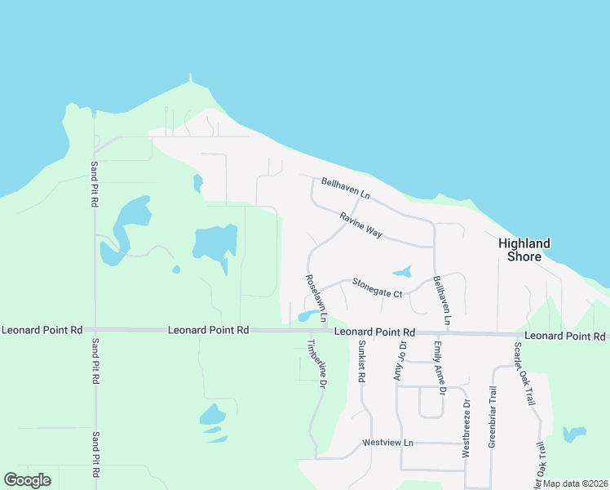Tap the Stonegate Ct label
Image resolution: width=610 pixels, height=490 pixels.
(x=378, y=287)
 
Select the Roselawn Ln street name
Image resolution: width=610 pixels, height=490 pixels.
(x=316, y=297)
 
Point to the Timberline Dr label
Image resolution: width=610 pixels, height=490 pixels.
(x=316, y=363)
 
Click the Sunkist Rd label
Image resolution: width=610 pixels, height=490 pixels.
(x=360, y=363)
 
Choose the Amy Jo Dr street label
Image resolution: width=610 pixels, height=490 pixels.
(x=400, y=361)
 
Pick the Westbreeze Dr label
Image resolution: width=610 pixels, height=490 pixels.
(x=466, y=428)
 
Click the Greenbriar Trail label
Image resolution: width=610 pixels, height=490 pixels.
(x=493, y=416)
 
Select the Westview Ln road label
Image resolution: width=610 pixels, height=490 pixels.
(x=388, y=443)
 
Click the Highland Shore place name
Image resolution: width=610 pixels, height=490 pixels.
(x=524, y=250)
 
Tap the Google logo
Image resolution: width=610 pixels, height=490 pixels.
(x=27, y=480)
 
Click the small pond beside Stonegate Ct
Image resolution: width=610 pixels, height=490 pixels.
(x=402, y=271)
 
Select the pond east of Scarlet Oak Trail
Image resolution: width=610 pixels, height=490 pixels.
(x=575, y=433)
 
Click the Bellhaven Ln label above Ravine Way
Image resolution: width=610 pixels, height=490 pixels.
(x=346, y=189)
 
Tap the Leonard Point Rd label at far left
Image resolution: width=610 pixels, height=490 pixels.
(x=42, y=330)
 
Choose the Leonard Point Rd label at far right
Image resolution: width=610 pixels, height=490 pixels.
(x=565, y=336)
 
